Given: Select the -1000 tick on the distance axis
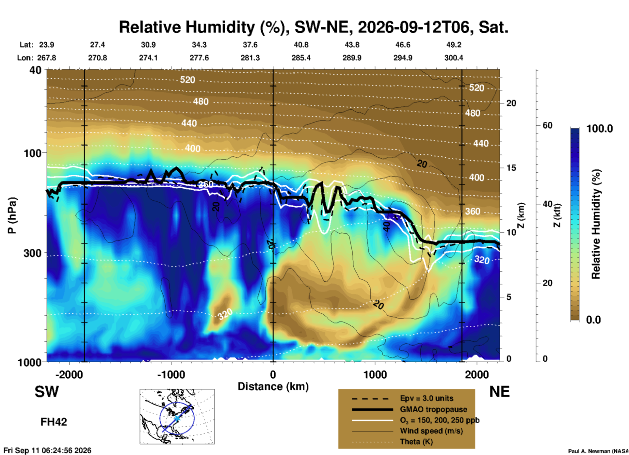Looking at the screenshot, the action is pos(171,374).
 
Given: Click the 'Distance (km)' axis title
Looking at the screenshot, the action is pos(273,386).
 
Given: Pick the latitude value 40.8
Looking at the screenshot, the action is pos(301,45).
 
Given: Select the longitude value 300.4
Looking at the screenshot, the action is pos(454,58).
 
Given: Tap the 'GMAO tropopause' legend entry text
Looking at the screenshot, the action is pos(433,409).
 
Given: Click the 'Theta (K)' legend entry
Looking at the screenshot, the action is pos(416,442).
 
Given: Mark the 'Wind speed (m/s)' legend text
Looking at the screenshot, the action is pos(431,431).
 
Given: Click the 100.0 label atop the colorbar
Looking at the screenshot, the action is pos(600,129).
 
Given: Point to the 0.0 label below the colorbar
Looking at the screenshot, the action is pos(593,320).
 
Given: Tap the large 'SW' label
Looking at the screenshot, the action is pos(47,392).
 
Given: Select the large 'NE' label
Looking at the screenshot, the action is pos(499,392).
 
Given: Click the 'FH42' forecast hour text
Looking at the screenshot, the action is pos(54,422).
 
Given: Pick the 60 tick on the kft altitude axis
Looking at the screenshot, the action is pos(547,125).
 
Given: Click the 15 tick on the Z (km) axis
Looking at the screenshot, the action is pos(511,168).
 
